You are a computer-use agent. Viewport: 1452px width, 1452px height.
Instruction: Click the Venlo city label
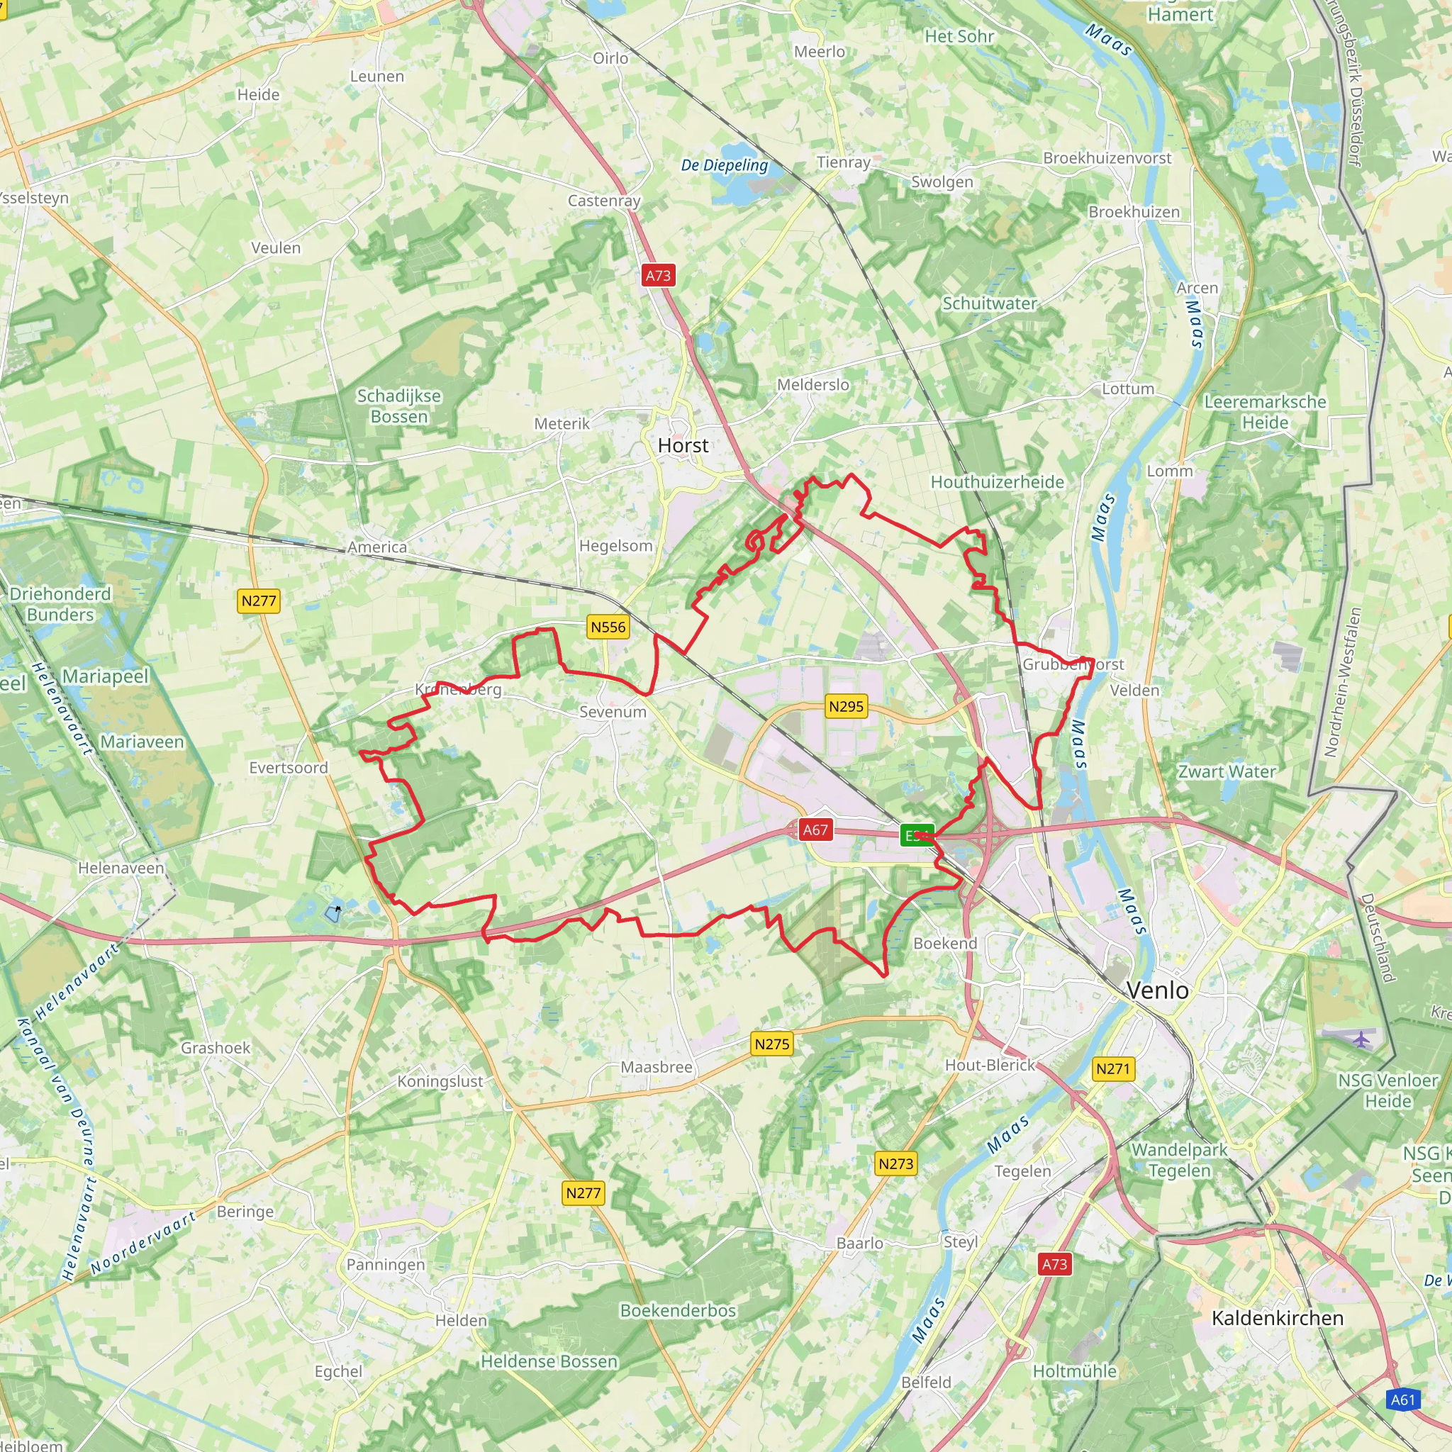(1158, 990)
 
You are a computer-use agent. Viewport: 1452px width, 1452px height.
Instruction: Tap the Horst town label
(683, 446)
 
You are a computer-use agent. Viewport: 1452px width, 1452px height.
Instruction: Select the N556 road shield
(608, 627)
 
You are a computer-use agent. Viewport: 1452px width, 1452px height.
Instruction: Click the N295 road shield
(846, 706)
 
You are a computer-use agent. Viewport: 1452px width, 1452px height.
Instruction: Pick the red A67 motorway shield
(815, 830)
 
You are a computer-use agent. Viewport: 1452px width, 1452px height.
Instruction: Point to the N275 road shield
(772, 1044)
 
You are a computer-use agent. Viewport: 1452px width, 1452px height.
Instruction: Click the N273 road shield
(896, 1163)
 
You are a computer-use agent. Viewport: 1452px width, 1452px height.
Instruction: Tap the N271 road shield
(1112, 1068)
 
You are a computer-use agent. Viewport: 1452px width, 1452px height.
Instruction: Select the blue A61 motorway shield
(1402, 1400)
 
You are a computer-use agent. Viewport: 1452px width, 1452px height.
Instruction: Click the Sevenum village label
(613, 712)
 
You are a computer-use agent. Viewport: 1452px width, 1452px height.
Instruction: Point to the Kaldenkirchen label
(1277, 1318)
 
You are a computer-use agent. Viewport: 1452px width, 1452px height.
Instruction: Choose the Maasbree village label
(656, 1067)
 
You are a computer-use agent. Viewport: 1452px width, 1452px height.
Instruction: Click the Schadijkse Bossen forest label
(399, 406)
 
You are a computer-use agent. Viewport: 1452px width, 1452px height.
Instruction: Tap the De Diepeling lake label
(725, 165)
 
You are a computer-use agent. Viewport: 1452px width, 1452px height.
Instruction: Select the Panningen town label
(386, 1265)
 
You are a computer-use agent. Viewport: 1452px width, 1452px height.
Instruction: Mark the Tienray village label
(843, 162)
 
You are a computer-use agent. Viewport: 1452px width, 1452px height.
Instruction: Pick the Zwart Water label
(1227, 772)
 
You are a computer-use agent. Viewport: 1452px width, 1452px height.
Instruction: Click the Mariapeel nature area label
(105, 676)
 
